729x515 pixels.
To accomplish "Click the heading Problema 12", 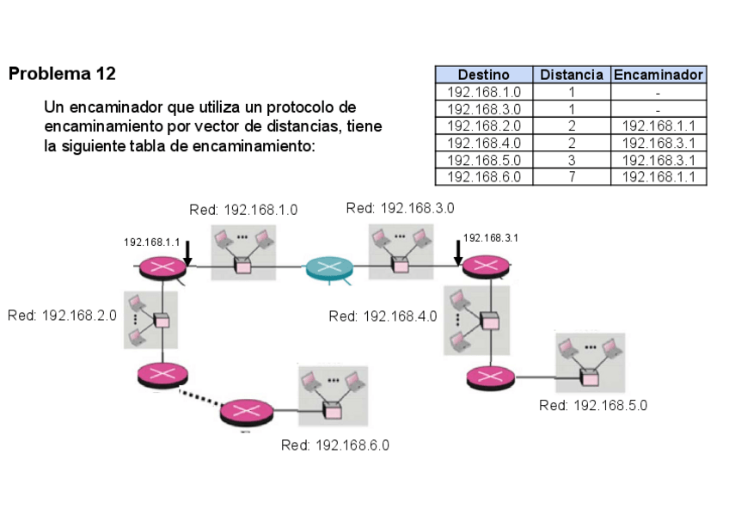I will pos(62,74).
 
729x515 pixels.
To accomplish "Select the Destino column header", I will pos(483,75).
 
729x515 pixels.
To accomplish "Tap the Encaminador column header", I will pos(658,75).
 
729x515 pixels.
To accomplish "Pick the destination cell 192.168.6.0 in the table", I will pos(483,177).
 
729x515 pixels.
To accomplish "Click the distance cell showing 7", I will pos(571,177).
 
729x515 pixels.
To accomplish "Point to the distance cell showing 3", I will pos(571,160).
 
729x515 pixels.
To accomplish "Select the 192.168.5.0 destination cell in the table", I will pos(483,160).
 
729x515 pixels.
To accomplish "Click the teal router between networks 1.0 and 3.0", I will pos(328,267).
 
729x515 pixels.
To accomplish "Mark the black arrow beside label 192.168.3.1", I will pos(458,250).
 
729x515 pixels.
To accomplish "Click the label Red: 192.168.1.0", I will pos(243,210).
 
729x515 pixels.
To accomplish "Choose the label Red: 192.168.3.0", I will pos(400,207).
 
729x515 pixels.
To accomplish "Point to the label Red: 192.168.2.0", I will pos(62,316).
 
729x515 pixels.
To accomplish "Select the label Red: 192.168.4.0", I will pos(383,316).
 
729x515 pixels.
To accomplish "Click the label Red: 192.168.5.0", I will pos(592,405).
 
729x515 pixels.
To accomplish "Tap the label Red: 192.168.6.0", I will pos(335,444).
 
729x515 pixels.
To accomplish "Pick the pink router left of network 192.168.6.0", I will pos(246,413).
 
